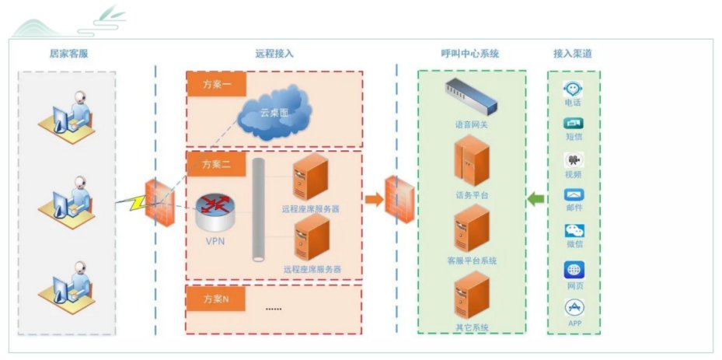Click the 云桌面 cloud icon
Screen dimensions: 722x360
pos(275,113)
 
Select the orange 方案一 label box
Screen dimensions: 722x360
pos(216,84)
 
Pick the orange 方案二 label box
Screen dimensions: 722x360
pos(216,164)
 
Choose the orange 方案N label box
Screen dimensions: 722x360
pos(215,299)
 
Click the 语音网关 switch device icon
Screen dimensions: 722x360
pos(471,96)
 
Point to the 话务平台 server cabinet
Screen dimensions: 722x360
pos(472,160)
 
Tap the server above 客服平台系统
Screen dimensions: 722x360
pos(472,229)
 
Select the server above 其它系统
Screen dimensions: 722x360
pos(472,295)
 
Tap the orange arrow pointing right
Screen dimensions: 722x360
pos(375,199)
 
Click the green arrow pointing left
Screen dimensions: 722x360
pos(535,199)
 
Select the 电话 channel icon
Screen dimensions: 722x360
pos(573,89)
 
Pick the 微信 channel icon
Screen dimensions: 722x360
pos(574,230)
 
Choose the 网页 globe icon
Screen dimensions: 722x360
pos(574,270)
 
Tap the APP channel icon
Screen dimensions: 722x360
pos(574,307)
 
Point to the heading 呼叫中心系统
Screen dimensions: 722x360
pos(470,54)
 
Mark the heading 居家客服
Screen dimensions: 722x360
pos(68,54)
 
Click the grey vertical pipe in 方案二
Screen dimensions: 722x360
pos(258,210)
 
